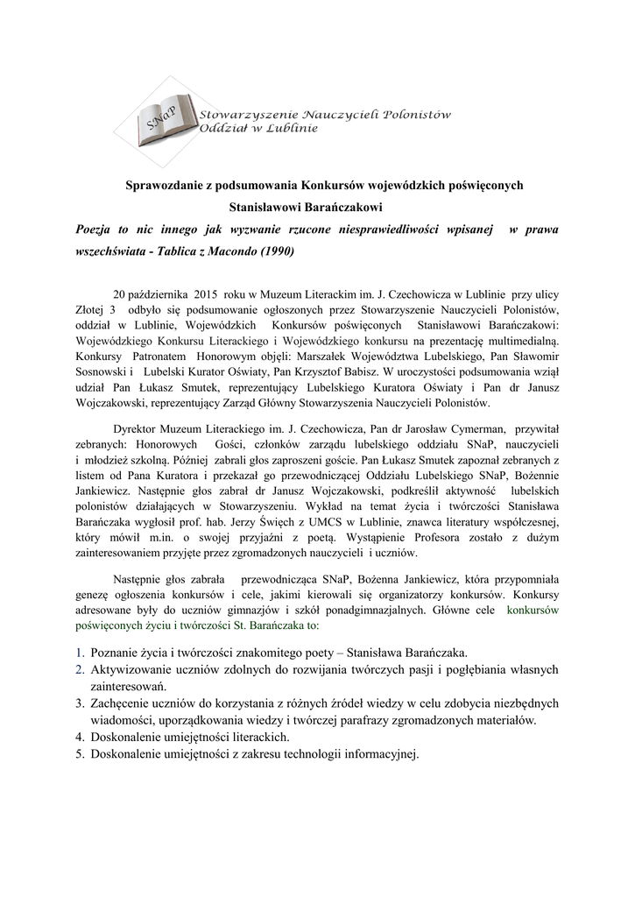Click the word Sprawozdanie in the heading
165,186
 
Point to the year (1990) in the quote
277,250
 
